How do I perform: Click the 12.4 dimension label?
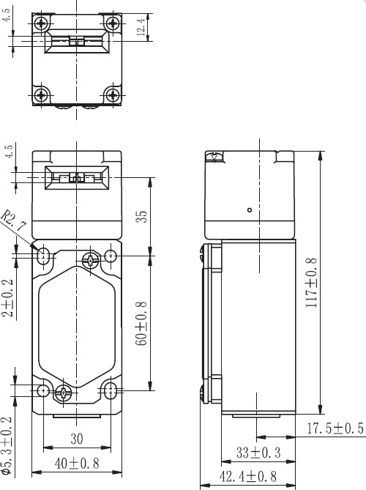pyautogui.click(x=141, y=27)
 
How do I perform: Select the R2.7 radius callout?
pyautogui.click(x=13, y=220)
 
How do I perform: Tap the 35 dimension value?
pyautogui.click(x=141, y=216)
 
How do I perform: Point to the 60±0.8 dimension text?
pyautogui.click(x=141, y=324)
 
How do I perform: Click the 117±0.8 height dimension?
pyautogui.click(x=311, y=283)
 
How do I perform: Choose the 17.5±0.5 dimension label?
pyautogui.click(x=335, y=428)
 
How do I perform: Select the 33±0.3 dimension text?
pyautogui.click(x=258, y=453)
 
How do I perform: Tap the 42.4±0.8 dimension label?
pyautogui.click(x=248, y=477)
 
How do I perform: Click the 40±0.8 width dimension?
pyautogui.click(x=77, y=464)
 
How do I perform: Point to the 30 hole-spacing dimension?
pyautogui.click(x=77, y=439)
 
